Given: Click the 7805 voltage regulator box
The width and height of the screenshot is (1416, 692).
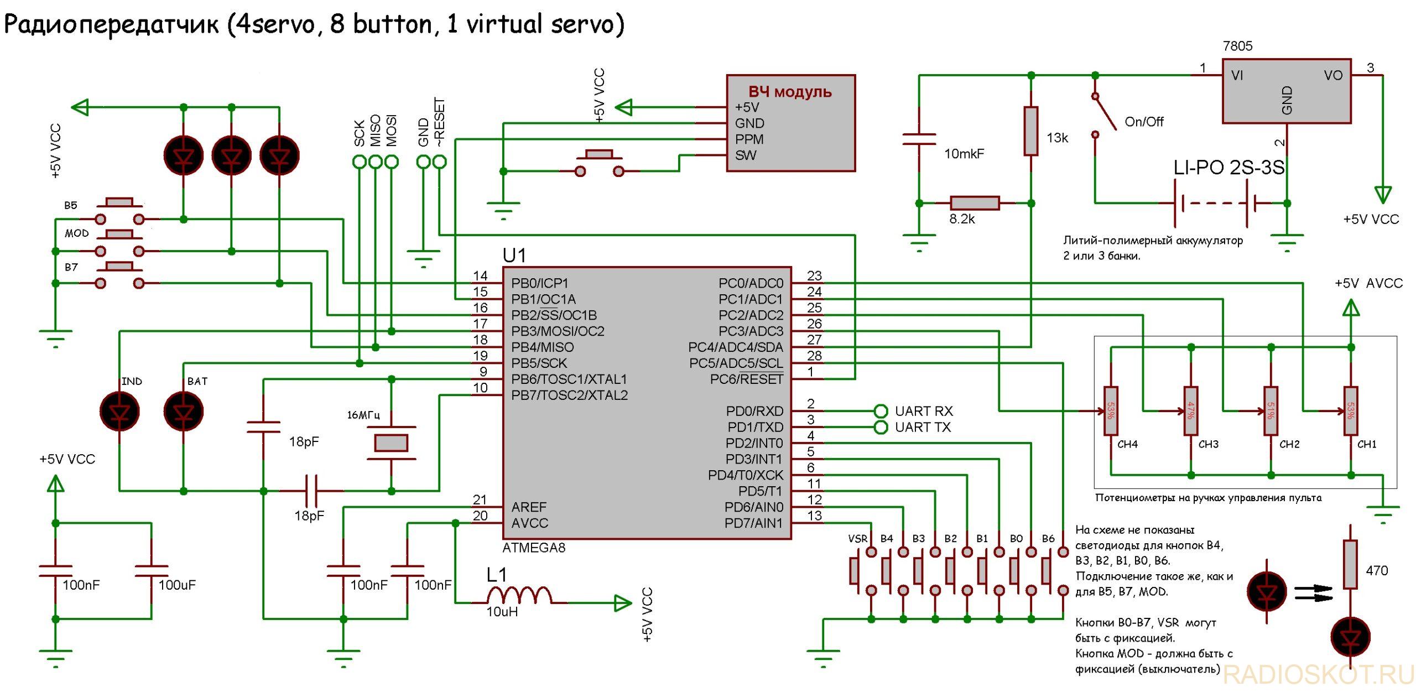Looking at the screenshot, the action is [x=1286, y=91].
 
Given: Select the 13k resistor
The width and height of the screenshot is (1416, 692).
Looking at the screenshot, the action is [x=1030, y=131].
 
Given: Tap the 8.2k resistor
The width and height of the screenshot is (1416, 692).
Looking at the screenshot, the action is [x=975, y=203].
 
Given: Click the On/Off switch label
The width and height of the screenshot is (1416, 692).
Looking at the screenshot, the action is [x=1144, y=122].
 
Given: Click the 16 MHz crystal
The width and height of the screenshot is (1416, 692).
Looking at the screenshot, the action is [x=391, y=443].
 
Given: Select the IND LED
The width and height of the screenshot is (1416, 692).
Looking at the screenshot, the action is [x=119, y=412].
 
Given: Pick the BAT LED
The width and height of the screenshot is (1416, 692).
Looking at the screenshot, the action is [x=184, y=412].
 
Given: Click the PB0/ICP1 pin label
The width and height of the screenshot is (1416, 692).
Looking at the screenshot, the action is [x=539, y=283].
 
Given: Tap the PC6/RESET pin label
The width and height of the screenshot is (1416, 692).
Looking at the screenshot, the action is [x=747, y=379].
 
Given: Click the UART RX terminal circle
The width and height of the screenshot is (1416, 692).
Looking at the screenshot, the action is [x=881, y=411].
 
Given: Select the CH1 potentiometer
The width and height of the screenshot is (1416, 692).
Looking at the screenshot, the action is [x=1351, y=411].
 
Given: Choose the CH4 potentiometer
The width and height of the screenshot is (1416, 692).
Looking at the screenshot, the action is [x=1111, y=411].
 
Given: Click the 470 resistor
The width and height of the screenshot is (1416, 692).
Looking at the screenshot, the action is [x=1350, y=564].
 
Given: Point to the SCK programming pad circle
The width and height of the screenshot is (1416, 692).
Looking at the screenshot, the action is [x=360, y=162].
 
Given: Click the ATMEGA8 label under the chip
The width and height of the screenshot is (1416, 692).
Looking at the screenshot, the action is [x=534, y=548].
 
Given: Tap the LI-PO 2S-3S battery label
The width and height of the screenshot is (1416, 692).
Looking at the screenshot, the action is [x=1229, y=167].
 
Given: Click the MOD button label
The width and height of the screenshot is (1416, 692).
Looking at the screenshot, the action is [x=76, y=233].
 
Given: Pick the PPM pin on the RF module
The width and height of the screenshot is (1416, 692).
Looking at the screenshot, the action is [x=749, y=139].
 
